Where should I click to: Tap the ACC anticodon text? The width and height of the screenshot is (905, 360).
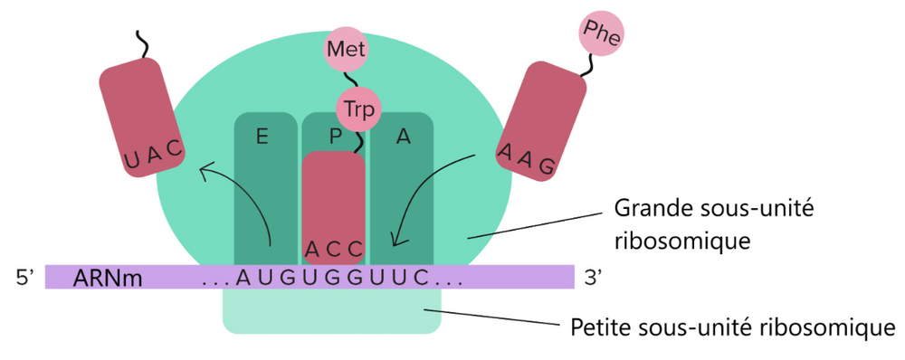[334, 248]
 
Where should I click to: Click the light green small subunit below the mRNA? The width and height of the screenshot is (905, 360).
[331, 311]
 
